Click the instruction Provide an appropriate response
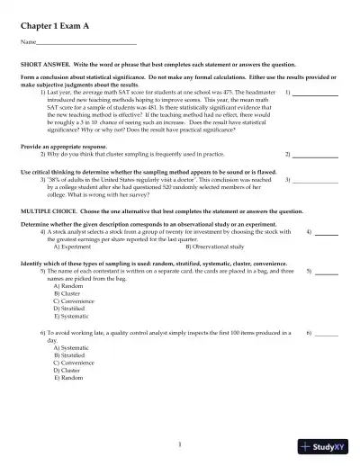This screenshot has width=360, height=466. [63, 146]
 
